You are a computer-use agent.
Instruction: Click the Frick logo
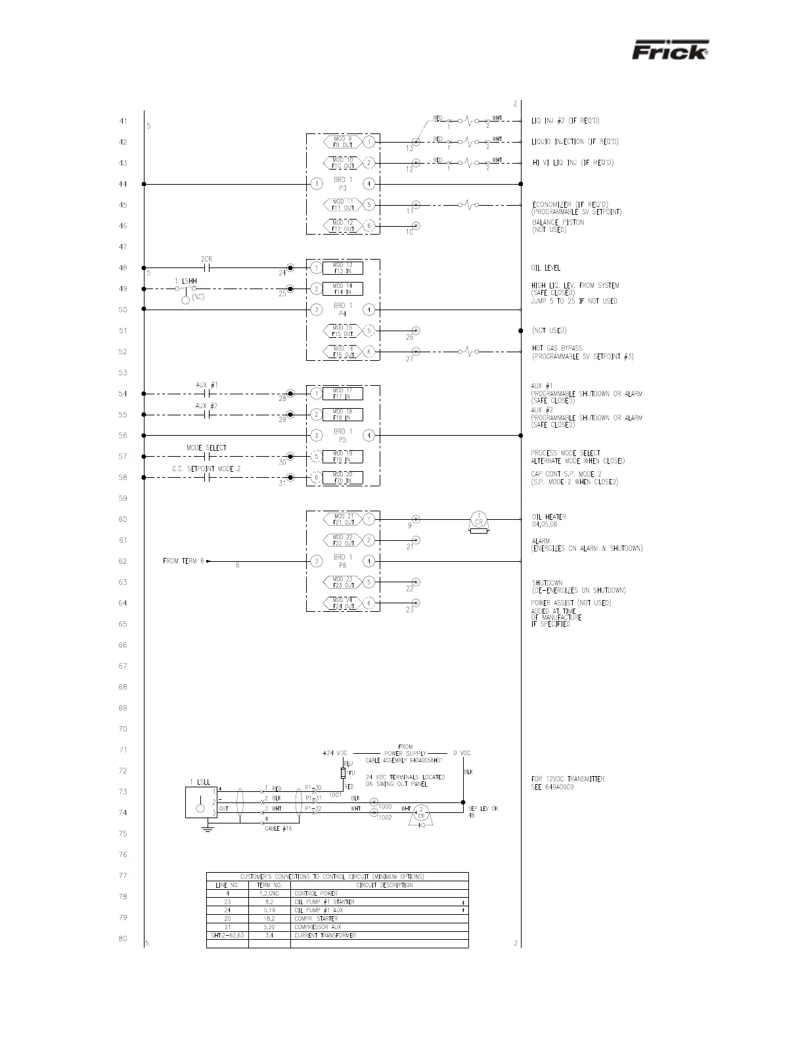tap(670, 51)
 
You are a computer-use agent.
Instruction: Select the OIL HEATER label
tap(548, 517)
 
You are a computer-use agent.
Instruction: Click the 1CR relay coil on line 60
tap(479, 520)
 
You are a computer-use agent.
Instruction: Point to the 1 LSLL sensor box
tap(201, 802)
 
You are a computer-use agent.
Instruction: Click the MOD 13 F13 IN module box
tap(342, 268)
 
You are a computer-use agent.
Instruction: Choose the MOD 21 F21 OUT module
tap(342, 519)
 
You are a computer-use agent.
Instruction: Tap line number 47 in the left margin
tap(123, 247)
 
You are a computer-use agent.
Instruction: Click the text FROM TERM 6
tap(184, 561)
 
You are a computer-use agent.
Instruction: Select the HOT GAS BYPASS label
tap(557, 348)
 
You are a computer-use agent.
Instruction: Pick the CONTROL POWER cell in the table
tap(316, 894)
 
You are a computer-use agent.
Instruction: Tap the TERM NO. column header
tap(269, 885)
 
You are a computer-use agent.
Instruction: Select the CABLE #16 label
tap(278, 829)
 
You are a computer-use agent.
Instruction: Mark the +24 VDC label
tap(335, 753)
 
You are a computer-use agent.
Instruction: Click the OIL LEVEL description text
tap(546, 268)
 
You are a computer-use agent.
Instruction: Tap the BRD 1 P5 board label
tap(342, 436)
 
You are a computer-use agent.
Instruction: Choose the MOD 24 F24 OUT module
tap(342, 603)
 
